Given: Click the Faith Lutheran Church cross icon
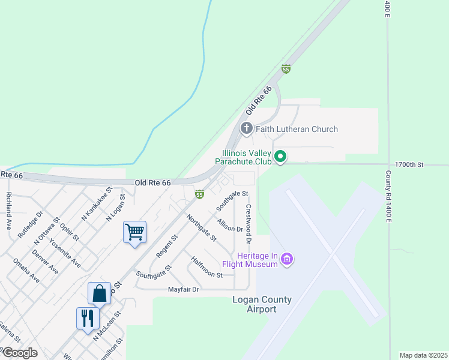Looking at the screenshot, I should (x=246, y=128).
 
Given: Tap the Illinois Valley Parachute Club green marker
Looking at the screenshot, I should (x=280, y=158).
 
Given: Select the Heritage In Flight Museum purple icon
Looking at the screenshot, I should (x=287, y=259).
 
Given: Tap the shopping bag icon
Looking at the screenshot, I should (x=99, y=293).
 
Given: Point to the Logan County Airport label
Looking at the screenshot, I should (x=262, y=304).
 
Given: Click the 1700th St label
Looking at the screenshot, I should (x=409, y=164).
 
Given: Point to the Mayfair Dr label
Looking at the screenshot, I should (x=183, y=289).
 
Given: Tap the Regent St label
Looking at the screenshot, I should (x=167, y=246).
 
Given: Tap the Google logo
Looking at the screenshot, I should (x=19, y=353).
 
